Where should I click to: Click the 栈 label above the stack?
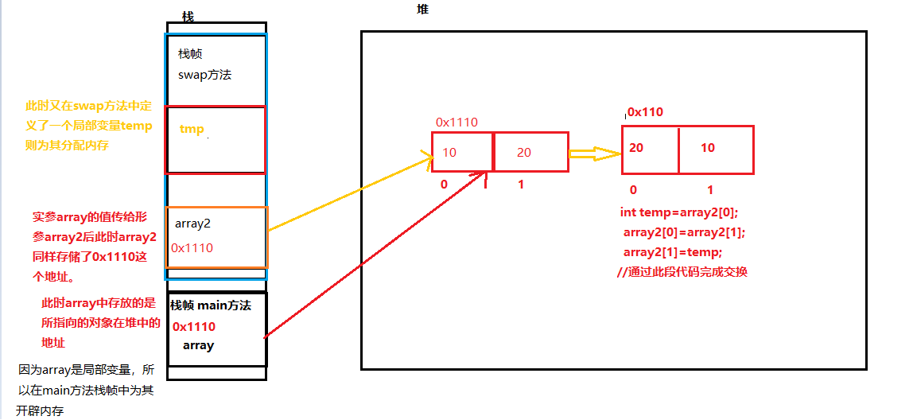pos(188,17)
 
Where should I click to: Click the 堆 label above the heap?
pos(422,10)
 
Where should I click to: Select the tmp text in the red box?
pos(192,129)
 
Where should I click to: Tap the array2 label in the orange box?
pos(193,224)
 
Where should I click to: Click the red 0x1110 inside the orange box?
pos(192,248)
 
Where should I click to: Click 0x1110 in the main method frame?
pos(194,326)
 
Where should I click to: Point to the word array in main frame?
pos(198,345)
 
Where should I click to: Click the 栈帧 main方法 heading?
pos(211,305)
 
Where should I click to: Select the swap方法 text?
pos(205,75)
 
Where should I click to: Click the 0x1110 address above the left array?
pos(456,122)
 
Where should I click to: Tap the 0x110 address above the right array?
pos(645,112)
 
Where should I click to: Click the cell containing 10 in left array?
pos(462,152)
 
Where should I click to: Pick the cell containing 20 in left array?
pos(530,152)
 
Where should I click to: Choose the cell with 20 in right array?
pos(650,149)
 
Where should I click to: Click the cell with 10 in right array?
pos(716,149)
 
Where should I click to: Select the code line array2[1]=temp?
pos(673,252)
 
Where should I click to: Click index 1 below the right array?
pos(710,190)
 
